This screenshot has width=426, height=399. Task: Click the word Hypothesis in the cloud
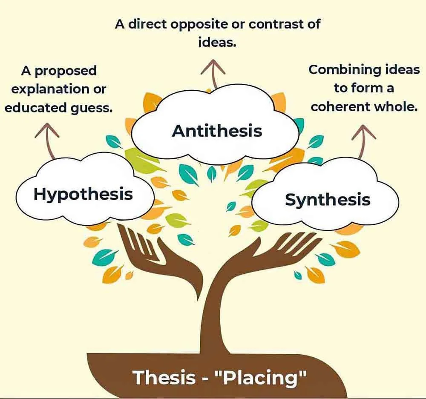coord(83,194)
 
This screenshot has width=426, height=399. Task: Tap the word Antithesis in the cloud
coord(217,130)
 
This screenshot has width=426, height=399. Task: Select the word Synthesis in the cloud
coord(328,199)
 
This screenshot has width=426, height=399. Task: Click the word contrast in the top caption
coord(273,24)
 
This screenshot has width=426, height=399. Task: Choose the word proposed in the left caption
coord(66,70)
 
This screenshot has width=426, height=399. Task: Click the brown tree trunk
coord(217,307)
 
